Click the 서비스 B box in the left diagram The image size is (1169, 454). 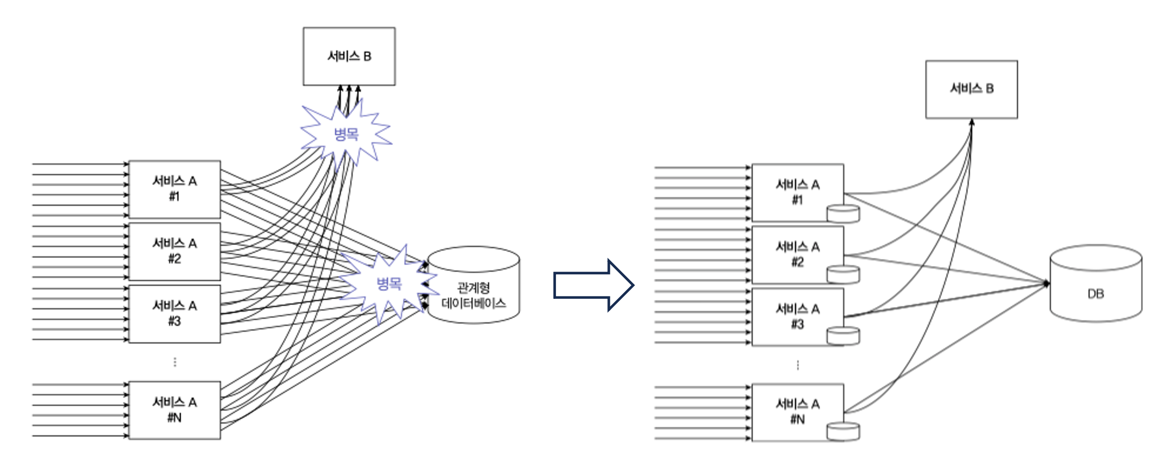[x=349, y=56]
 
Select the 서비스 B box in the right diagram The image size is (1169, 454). [x=971, y=89]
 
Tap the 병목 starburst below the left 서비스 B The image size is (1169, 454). [x=346, y=135]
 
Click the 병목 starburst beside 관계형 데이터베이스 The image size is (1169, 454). [x=389, y=283]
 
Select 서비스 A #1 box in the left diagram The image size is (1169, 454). [x=175, y=189]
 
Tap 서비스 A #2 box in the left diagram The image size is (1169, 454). [x=175, y=251]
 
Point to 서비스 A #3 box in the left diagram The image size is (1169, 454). [x=175, y=314]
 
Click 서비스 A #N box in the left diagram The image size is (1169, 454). [x=175, y=410]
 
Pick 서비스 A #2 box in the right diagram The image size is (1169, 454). [x=797, y=254]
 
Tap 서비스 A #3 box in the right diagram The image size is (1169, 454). [x=797, y=316]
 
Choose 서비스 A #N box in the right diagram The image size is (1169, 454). [x=797, y=411]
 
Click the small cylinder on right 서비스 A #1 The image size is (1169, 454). [x=843, y=214]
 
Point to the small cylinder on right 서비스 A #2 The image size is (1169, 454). [x=843, y=274]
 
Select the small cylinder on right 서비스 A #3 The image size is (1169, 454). [x=843, y=336]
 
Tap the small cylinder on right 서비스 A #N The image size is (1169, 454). [x=843, y=431]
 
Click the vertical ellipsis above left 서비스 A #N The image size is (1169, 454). [x=175, y=362]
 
